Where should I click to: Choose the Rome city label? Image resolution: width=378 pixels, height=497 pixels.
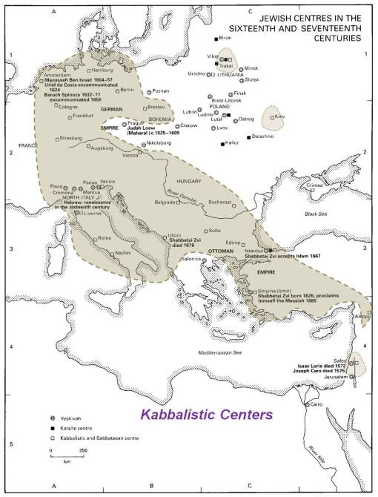tap(105, 237)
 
